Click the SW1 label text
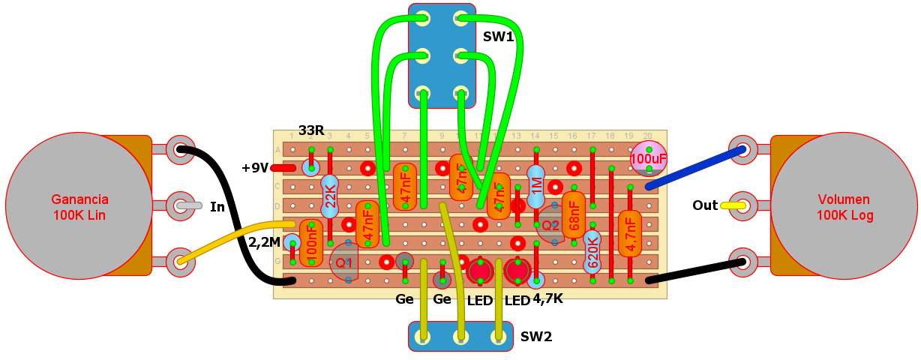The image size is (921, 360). coord(498,35)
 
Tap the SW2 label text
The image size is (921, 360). coord(536,337)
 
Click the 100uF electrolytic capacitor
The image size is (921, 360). coord(649,158)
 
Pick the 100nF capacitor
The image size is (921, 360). coord(311,242)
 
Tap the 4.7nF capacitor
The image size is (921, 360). coord(630,233)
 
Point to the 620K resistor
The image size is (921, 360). coord(592,251)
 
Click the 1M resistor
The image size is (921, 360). coord(535,187)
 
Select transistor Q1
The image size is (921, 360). coord(343,262)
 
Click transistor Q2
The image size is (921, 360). coord(550,223)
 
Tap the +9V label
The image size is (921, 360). coord(255,168)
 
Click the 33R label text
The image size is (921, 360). coord(311,131)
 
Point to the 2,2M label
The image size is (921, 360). coord(264,241)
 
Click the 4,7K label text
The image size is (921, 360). coord(547,299)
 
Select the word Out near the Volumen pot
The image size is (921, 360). coord(705,205)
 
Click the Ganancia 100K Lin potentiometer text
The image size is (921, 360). coord(79,208)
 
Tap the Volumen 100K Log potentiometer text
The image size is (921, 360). coord(844,208)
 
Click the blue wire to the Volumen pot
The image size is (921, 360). coord(694,168)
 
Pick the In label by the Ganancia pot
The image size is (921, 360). coord(217,206)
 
